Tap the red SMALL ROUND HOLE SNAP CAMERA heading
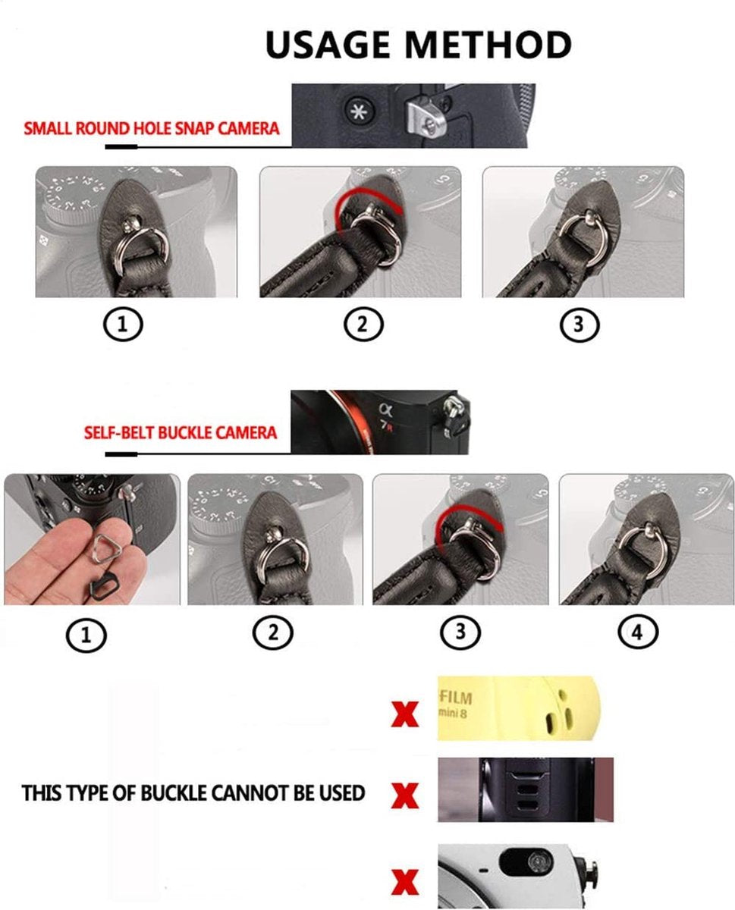tap(151, 127)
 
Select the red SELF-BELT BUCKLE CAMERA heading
tap(180, 433)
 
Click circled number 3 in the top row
tap(580, 325)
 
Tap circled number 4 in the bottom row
tap(637, 632)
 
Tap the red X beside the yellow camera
tap(404, 714)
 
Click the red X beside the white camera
tap(405, 883)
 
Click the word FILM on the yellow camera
tap(455, 696)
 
